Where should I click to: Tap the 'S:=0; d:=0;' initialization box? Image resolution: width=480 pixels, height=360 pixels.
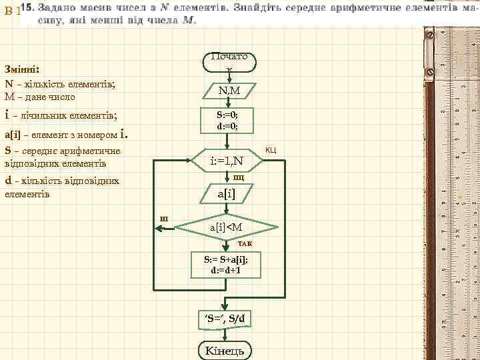click(x=227, y=121)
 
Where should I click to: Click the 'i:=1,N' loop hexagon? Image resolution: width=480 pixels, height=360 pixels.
click(x=227, y=161)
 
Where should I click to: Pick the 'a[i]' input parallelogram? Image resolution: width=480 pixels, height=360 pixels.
click(x=227, y=193)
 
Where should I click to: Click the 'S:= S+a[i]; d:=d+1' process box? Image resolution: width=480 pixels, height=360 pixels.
click(x=227, y=266)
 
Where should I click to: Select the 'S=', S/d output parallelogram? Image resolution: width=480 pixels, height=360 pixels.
click(x=225, y=318)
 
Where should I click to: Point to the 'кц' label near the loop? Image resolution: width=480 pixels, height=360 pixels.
click(x=271, y=149)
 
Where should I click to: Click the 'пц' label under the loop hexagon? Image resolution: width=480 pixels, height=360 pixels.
click(x=238, y=177)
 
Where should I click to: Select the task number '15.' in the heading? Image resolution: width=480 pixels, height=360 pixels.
click(x=28, y=7)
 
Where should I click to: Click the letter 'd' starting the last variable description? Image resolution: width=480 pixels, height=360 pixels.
click(x=7, y=180)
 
